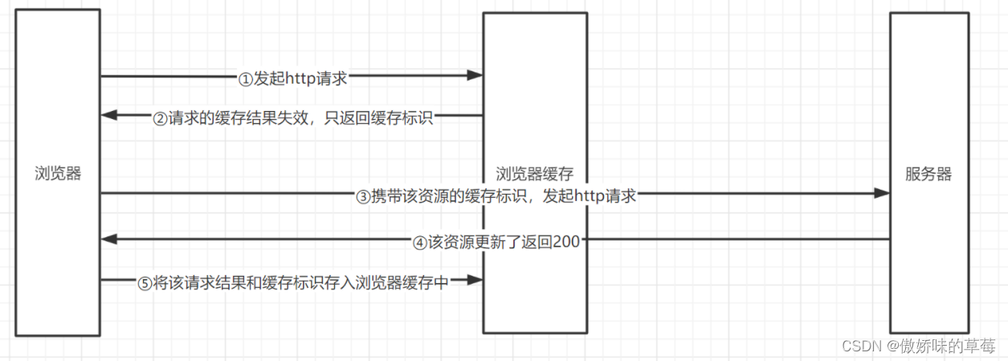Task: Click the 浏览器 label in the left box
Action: tap(58, 174)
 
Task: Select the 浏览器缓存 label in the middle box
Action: tap(534, 174)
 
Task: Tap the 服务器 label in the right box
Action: tap(928, 174)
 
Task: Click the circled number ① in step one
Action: tap(246, 78)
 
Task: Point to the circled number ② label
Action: tap(161, 118)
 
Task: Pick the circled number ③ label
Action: tap(362, 195)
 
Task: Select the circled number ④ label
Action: tap(421, 241)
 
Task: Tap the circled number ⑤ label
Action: tap(145, 282)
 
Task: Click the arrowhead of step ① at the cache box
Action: tap(475, 76)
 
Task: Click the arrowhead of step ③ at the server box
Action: tap(883, 193)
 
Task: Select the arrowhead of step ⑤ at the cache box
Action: tap(475, 280)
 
